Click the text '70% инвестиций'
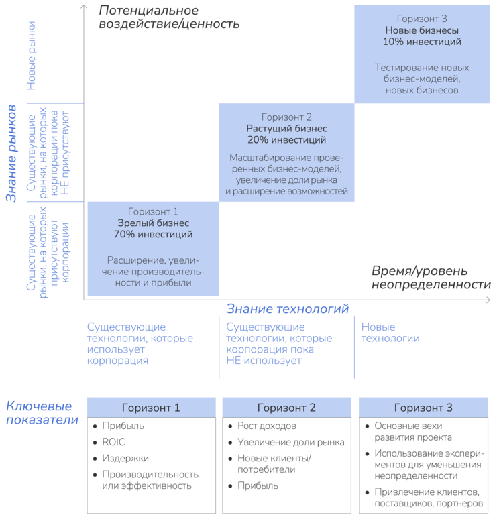(x=153, y=235)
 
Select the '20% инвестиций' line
(x=286, y=140)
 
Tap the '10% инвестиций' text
(x=422, y=42)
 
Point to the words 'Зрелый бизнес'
(x=153, y=223)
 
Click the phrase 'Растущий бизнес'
(x=286, y=129)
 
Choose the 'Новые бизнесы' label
(x=422, y=30)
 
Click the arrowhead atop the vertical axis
(x=82, y=7)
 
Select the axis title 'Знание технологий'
(x=287, y=309)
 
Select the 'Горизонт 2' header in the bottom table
(x=286, y=408)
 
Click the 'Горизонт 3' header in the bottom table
(x=423, y=408)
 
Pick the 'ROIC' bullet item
(x=115, y=443)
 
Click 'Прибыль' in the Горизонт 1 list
(x=123, y=426)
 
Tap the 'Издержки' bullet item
(x=125, y=459)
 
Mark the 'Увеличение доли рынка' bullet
(x=290, y=443)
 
